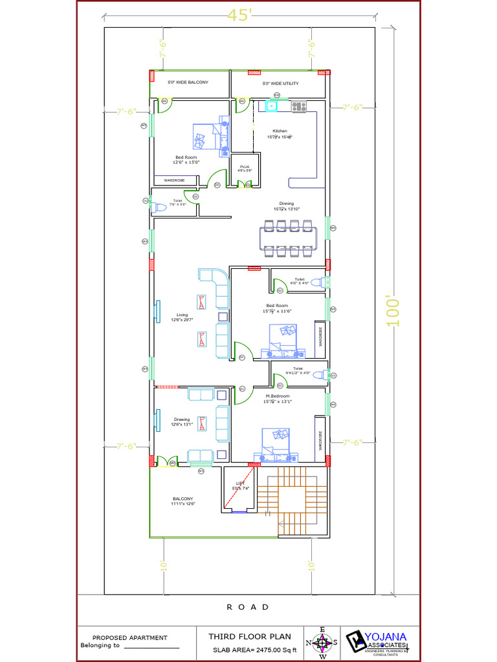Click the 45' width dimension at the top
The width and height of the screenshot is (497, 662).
click(x=239, y=16)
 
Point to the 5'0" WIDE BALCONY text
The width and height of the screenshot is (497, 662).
click(x=188, y=83)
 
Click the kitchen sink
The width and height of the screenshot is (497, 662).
click(x=272, y=107)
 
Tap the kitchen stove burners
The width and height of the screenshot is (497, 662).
click(x=299, y=107)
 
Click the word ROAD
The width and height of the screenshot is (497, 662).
click(x=248, y=607)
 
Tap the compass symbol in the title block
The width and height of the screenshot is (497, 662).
click(x=322, y=643)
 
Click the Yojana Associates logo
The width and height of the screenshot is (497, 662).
click(x=379, y=642)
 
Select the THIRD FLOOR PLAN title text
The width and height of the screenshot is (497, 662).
click(x=249, y=637)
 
